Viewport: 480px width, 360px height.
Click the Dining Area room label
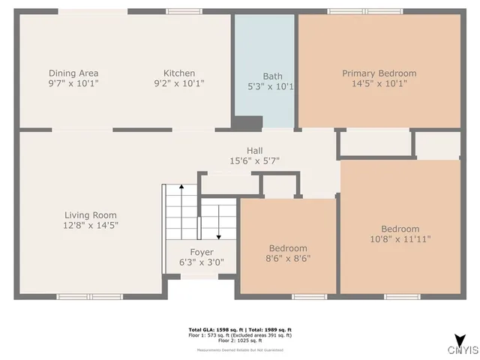[73, 73]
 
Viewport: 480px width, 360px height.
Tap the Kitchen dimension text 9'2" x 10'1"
[179, 83]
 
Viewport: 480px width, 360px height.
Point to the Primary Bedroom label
[379, 73]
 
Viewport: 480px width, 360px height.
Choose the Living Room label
[90, 215]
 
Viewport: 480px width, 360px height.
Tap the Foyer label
[201, 252]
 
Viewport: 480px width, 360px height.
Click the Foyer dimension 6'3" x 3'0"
[201, 262]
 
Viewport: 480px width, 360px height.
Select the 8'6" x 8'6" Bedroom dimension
[288, 259]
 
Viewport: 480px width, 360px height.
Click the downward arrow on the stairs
[218, 225]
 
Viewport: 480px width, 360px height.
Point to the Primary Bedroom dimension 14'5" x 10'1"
[379, 83]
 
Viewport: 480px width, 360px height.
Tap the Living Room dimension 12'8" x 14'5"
[90, 225]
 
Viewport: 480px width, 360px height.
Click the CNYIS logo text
[463, 350]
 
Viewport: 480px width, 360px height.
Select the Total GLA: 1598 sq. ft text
[213, 330]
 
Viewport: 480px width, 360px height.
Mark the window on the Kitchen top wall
[179, 11]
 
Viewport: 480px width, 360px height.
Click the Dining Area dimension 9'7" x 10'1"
[73, 83]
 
